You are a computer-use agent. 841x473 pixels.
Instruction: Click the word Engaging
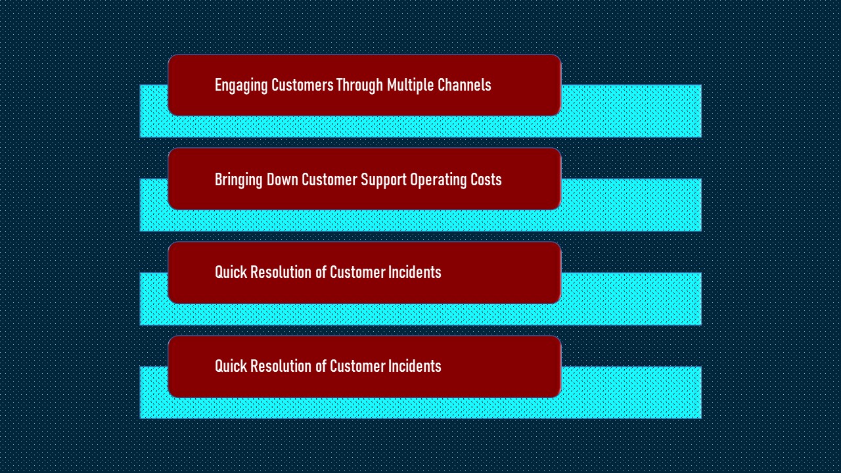[241, 86]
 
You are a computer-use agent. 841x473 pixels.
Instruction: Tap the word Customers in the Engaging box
[302, 85]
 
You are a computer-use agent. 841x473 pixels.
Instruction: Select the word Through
[359, 86]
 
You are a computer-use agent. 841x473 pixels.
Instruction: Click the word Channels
[465, 85]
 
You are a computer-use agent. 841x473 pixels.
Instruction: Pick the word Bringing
[239, 180]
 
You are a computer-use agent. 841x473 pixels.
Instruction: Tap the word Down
[283, 179]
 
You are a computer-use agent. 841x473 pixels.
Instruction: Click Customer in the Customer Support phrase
[330, 179]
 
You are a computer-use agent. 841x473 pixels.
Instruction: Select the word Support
[384, 180]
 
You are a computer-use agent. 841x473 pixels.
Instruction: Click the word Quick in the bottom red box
[231, 366]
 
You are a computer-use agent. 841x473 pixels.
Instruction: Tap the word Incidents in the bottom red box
[415, 366]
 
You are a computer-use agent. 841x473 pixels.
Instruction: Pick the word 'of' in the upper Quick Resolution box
[321, 272]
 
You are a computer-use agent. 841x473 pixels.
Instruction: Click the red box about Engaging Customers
[365, 85]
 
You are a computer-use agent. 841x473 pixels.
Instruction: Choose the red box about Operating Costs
[365, 179]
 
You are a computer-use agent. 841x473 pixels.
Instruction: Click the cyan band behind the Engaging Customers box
[631, 111]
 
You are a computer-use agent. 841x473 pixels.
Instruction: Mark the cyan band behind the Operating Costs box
[631, 205]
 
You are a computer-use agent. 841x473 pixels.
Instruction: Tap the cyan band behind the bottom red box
[631, 392]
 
